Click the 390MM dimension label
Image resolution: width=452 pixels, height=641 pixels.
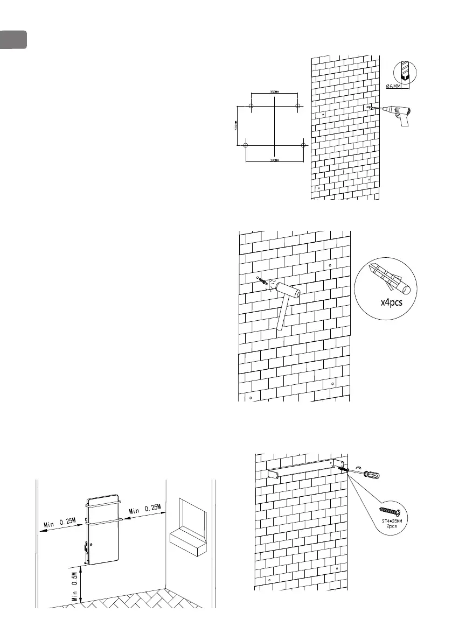(x=275, y=160)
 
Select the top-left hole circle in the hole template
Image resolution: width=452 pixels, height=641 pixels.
(x=252, y=105)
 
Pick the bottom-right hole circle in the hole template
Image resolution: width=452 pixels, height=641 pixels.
(x=303, y=145)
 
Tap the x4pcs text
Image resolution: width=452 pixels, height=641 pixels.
(x=387, y=301)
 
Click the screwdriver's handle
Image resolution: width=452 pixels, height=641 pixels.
(x=372, y=475)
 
